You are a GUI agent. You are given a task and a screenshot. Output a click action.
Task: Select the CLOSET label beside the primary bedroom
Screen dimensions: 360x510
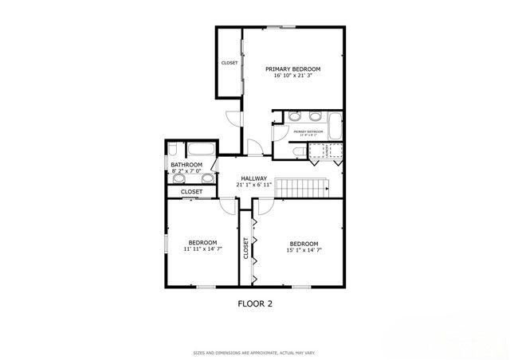(229, 62)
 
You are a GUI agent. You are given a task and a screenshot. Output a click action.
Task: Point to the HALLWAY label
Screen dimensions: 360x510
(254, 178)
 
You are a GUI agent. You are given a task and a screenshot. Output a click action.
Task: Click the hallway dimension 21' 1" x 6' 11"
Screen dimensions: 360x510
(254, 185)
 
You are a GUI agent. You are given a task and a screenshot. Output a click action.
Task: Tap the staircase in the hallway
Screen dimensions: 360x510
(301, 187)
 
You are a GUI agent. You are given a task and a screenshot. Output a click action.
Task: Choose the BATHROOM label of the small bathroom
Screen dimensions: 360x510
(186, 165)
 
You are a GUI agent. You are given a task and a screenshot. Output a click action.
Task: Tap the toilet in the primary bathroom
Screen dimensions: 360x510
(298, 151)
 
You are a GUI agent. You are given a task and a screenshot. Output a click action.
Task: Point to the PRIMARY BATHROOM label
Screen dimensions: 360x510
(307, 132)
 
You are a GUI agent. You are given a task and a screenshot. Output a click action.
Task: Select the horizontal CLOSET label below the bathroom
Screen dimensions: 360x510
(191, 192)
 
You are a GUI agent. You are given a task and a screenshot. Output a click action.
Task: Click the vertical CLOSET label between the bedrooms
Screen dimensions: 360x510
(245, 249)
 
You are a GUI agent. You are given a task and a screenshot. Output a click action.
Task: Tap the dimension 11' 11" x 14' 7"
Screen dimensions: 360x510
(202, 250)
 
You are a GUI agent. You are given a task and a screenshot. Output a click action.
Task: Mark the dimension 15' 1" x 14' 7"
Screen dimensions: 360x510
(304, 250)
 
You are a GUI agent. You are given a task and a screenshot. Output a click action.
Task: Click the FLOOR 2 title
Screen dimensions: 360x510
(256, 303)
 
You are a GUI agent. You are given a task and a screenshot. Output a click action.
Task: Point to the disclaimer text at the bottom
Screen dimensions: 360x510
(255, 351)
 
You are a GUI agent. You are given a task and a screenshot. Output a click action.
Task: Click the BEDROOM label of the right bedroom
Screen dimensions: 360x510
(304, 243)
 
